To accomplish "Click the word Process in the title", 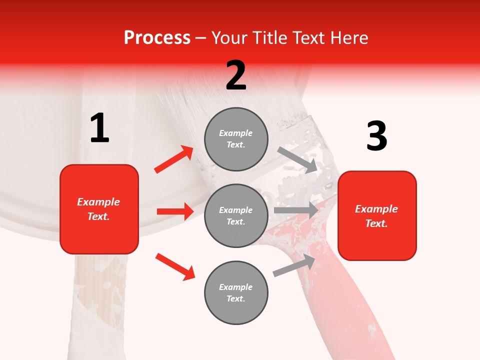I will pos(157,38).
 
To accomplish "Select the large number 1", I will pos(99,128).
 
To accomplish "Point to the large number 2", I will pos(236,75).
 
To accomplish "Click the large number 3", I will pos(376,136).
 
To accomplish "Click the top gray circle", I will pos(236,139).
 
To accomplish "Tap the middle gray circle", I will pos(236,215).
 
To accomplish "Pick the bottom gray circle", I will pos(236,292).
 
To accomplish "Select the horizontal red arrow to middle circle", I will pos(175,211).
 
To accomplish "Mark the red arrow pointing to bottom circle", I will pos(175,266).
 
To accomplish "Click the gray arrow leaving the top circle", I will pos(297,159).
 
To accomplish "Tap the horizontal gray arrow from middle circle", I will pos(295,210).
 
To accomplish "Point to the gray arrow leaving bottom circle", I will pos(294,265).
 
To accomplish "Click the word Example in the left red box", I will pos(98,202).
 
